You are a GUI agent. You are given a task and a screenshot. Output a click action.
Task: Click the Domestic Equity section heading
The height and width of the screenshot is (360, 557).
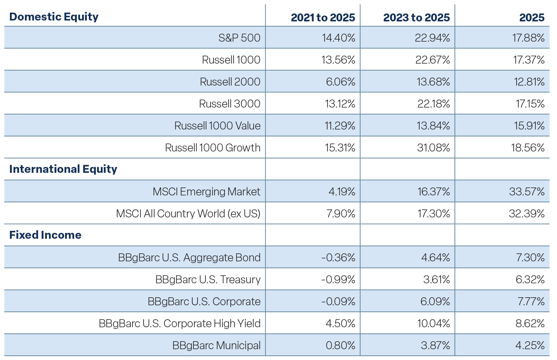point(54,17)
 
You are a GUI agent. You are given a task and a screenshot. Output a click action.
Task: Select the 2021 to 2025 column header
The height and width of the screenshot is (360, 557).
point(323,18)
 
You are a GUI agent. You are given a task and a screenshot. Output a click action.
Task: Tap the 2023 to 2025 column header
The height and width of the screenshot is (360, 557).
point(417,18)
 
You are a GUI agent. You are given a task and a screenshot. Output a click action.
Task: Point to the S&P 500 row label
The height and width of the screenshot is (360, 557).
point(240,38)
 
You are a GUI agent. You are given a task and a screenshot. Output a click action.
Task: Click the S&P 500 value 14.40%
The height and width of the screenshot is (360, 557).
point(339,38)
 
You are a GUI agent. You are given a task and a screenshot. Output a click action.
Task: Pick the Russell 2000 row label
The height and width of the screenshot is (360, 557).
point(230,82)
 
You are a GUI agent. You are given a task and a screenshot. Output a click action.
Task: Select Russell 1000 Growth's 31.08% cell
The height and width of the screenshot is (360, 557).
point(434,148)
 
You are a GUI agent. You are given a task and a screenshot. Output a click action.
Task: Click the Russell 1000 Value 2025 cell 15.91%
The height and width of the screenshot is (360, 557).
point(529,126)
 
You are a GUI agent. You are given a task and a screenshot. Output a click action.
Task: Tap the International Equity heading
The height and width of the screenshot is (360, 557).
point(63,169)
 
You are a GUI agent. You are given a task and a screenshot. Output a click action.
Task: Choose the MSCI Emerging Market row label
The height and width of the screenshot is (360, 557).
point(206,192)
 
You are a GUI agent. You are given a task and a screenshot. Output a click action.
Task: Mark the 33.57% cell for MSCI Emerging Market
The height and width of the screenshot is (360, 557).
point(527,192)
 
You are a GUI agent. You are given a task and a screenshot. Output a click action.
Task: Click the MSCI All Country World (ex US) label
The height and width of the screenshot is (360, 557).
point(188,214)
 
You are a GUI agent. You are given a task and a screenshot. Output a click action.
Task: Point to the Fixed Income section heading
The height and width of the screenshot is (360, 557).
point(45,235)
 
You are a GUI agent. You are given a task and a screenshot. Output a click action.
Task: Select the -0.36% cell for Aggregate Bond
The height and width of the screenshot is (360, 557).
point(338,257)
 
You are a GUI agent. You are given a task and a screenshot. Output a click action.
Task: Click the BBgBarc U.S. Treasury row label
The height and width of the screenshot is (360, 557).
point(208,279)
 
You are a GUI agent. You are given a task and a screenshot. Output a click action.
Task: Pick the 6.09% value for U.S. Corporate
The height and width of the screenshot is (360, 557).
point(435,301)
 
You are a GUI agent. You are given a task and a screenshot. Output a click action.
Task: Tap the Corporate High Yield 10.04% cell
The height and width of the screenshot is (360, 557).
point(434,323)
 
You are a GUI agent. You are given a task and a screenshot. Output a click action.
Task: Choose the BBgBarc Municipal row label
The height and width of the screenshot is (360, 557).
point(216,345)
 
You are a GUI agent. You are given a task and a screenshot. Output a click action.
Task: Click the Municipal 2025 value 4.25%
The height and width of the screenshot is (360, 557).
point(530,345)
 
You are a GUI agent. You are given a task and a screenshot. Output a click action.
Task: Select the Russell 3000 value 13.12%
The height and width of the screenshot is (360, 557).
point(340,104)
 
